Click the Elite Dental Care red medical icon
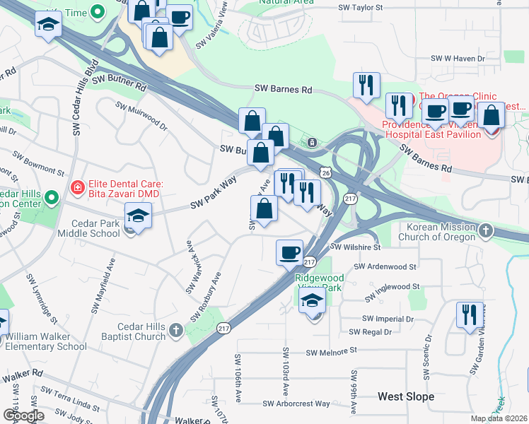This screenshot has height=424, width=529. [77, 188]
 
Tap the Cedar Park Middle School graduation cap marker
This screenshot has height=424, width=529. [138, 217]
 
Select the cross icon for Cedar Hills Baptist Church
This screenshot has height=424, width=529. [175, 329]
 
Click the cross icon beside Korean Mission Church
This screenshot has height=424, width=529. [485, 230]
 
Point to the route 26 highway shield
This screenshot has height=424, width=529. [324, 172]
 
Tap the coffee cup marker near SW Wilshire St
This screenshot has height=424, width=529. [289, 253]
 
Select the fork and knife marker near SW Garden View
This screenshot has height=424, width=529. [470, 315]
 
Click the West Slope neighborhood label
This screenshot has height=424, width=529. [406, 396]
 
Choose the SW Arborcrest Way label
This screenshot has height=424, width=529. [296, 404]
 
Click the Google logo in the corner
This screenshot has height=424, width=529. [23, 416]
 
